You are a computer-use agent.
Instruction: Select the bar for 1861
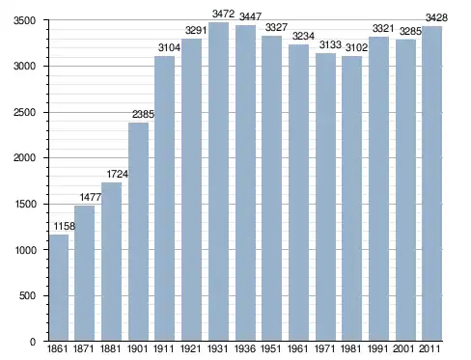coord(59,288)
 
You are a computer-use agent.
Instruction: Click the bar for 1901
coord(138,232)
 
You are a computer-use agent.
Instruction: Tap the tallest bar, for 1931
coord(218,181)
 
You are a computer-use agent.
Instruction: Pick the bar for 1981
coord(351,199)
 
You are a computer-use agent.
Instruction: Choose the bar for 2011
coord(431,183)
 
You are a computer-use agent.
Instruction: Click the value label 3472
coord(223,14)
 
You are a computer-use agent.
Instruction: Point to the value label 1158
coord(65,226)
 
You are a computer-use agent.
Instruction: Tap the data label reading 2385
coord(143,114)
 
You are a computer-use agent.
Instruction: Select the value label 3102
coord(356,48)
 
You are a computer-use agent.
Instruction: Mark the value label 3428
coord(436,17)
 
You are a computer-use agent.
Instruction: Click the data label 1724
coord(118,174)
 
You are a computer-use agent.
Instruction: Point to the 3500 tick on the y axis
coord(24,20)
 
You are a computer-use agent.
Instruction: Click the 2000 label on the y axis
coord(24,158)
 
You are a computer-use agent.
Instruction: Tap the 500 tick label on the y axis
coord(27,295)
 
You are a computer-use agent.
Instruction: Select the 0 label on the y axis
coord(33,342)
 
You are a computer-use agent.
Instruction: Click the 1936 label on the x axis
coord(245,348)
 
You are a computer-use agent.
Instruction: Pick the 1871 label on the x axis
coord(84,348)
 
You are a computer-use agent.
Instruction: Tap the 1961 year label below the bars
coord(298,348)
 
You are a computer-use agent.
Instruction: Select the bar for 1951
coord(271,188)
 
